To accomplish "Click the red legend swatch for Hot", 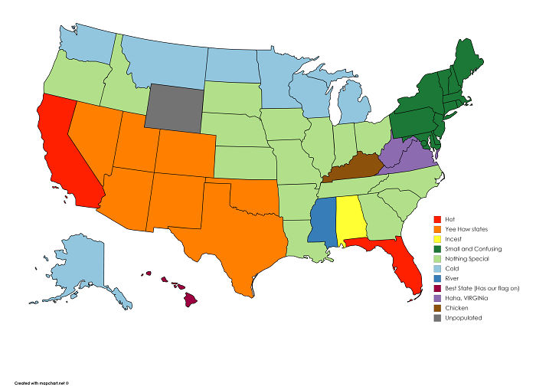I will (x=436, y=220).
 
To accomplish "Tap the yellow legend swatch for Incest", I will (x=436, y=239).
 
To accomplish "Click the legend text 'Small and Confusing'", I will (x=473, y=249).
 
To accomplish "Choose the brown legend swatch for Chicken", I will (x=436, y=308).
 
